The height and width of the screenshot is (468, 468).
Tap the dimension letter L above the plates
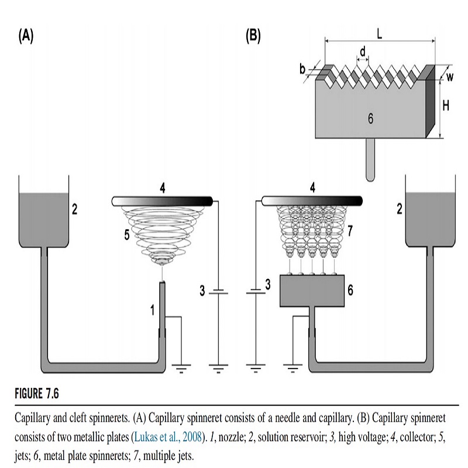[379, 34]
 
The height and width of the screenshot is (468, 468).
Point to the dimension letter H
[446, 106]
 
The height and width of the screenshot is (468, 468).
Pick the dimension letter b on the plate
[303, 69]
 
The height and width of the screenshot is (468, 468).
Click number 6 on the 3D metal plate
[371, 118]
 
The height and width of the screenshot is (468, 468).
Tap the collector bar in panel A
[162, 201]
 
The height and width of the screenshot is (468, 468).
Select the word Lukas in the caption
[148, 436]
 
